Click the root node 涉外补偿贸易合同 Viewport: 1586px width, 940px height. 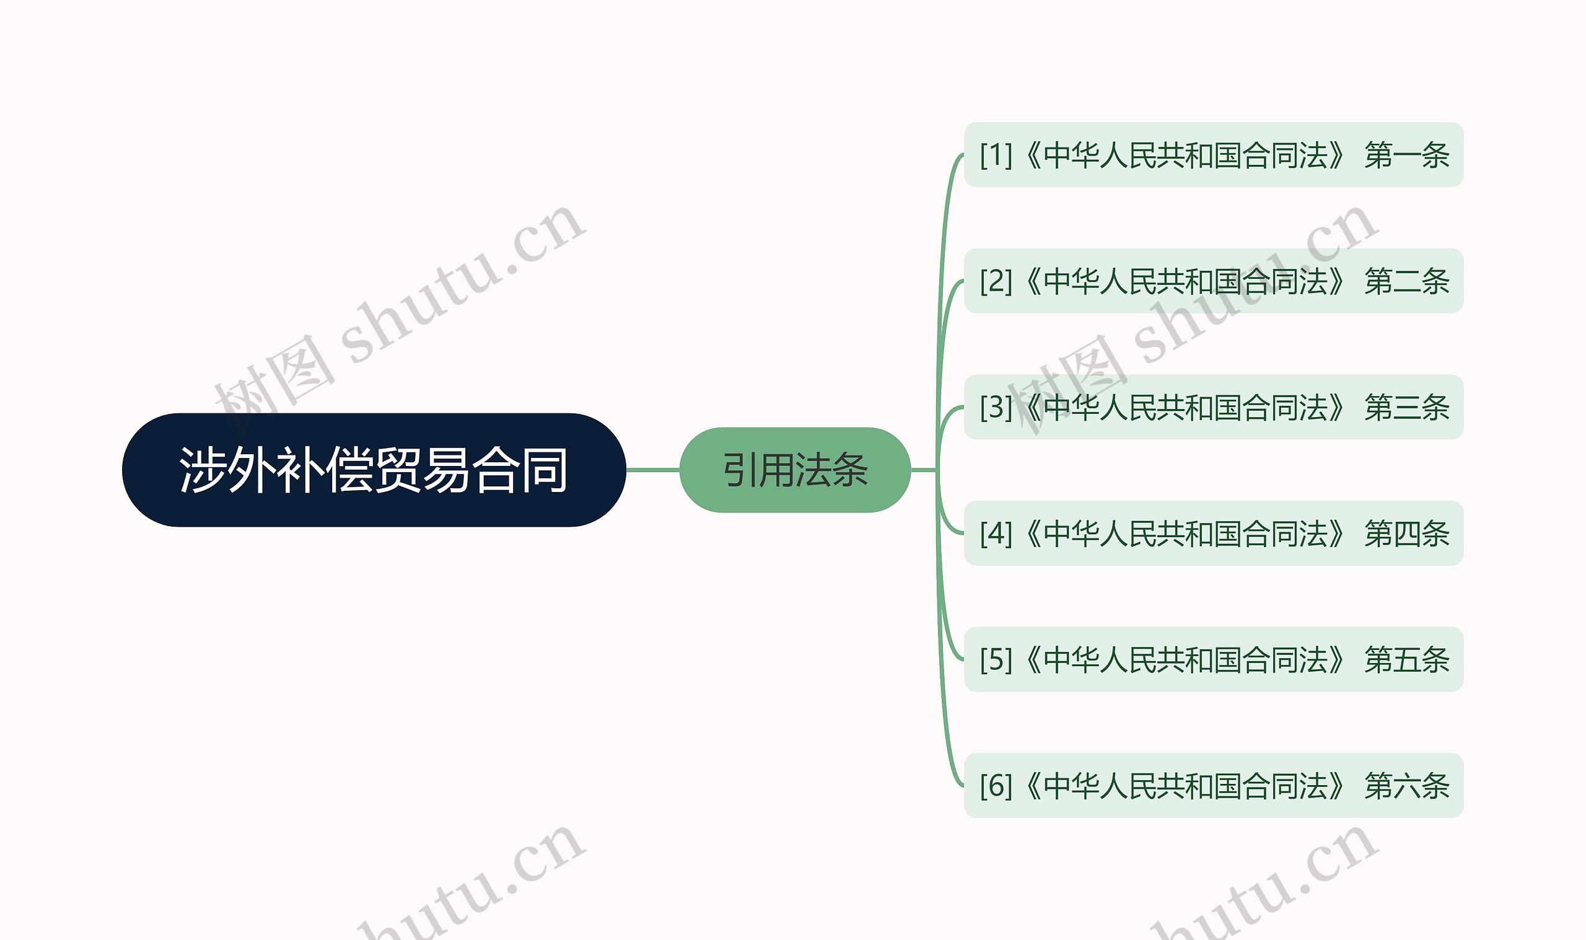point(374,470)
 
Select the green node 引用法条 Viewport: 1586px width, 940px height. point(795,470)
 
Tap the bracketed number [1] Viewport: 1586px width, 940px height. point(996,155)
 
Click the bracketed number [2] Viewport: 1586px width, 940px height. point(996,281)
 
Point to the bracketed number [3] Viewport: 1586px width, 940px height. point(996,407)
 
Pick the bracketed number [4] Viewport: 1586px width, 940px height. point(996,534)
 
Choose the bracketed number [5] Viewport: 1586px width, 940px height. point(996,659)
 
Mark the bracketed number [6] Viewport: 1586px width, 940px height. point(996,786)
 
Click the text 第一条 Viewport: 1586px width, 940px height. point(1407,155)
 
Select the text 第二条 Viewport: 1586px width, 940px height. point(1407,281)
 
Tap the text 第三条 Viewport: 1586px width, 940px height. point(1407,407)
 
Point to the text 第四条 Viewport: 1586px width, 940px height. point(1407,534)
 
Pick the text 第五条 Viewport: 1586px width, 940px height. point(1407,659)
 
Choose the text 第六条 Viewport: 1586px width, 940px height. point(1407,786)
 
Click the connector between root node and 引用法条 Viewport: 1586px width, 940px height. point(653,470)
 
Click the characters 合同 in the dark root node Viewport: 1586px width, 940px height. point(520,470)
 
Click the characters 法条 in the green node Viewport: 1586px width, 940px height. point(831,470)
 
